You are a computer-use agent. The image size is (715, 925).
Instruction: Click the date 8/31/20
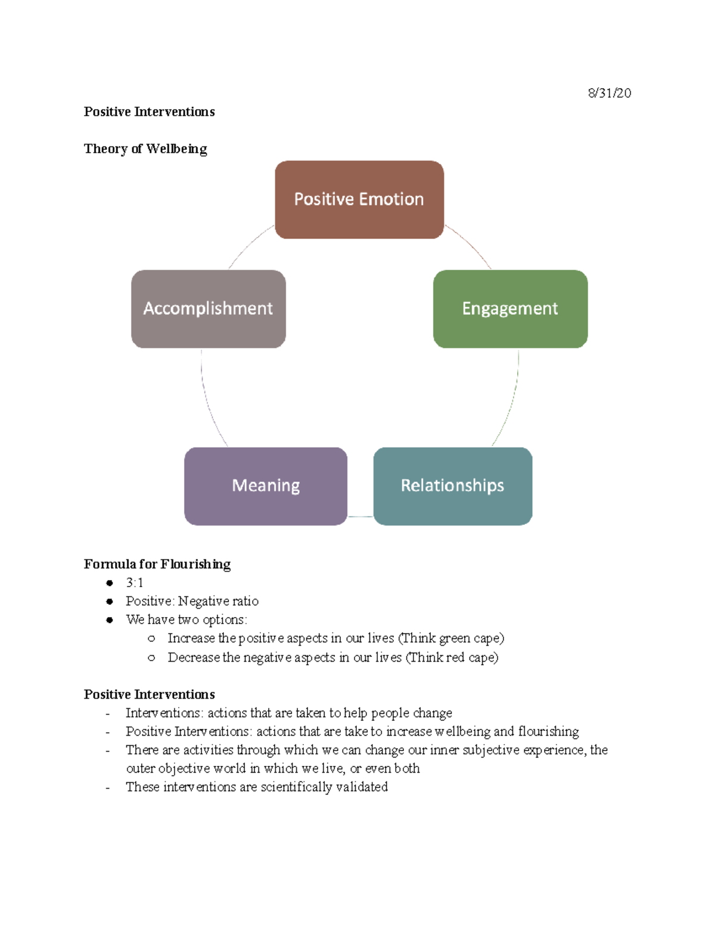click(609, 93)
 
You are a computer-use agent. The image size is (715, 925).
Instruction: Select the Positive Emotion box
click(359, 200)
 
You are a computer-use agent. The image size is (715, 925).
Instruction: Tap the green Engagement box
click(510, 309)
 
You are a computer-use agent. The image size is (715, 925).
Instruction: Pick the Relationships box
click(452, 486)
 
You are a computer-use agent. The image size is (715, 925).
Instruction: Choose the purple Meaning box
click(266, 486)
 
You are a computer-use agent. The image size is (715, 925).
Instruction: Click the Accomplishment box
click(208, 309)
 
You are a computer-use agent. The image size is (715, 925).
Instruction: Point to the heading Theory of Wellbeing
click(145, 149)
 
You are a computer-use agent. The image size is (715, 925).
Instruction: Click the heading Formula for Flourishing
click(157, 564)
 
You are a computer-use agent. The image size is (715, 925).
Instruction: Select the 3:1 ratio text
click(134, 583)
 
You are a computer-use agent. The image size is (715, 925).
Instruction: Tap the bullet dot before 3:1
click(110, 583)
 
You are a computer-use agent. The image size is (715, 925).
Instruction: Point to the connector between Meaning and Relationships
click(360, 516)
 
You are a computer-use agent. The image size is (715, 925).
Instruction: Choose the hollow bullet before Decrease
click(151, 658)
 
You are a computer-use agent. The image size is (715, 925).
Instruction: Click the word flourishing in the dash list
click(548, 731)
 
